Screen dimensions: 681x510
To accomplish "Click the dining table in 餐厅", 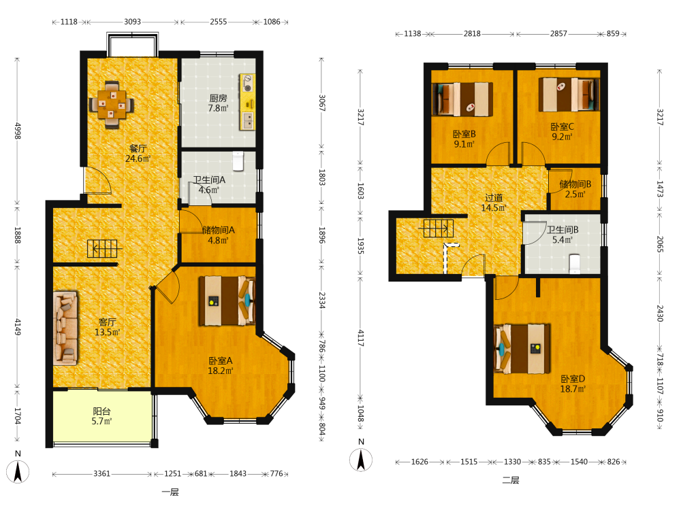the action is (x=112, y=105).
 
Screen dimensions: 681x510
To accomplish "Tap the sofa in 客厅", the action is (x=65, y=328).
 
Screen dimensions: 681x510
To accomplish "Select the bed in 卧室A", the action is (x=227, y=301).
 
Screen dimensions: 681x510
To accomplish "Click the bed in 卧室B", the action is (x=462, y=99).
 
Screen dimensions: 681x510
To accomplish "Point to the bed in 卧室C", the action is (x=569, y=95).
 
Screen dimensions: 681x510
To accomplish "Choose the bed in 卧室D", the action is (x=522, y=349).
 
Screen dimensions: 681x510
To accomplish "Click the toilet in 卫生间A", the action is (x=238, y=160).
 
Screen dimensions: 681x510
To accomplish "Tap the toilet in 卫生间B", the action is (x=575, y=264).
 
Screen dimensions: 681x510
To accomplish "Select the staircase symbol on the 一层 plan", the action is (x=104, y=248).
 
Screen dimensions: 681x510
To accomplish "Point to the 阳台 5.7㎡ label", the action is (x=101, y=416).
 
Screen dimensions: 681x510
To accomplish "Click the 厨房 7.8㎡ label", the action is (x=218, y=103).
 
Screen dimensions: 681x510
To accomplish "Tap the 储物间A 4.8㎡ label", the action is (x=219, y=235).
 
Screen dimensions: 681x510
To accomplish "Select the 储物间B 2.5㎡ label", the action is (x=575, y=189).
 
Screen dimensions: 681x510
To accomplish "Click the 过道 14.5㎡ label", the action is (x=494, y=203).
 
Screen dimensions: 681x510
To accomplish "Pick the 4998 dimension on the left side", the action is (x=18, y=131).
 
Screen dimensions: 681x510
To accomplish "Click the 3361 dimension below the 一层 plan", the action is (x=102, y=473).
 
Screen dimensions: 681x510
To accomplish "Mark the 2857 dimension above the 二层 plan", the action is (x=558, y=33).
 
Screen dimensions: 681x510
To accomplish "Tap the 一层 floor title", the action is (x=170, y=492).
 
